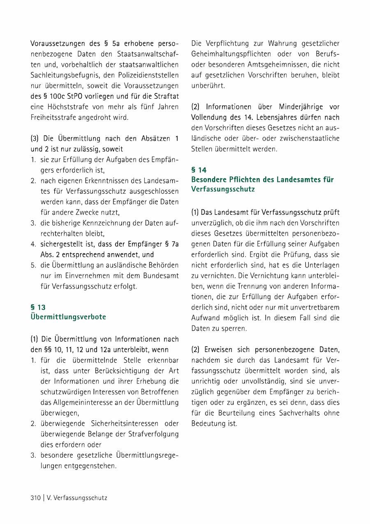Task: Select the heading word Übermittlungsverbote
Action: pos(68,317)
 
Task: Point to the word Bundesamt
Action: pos(161,275)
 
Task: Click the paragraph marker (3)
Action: pos(35,139)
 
